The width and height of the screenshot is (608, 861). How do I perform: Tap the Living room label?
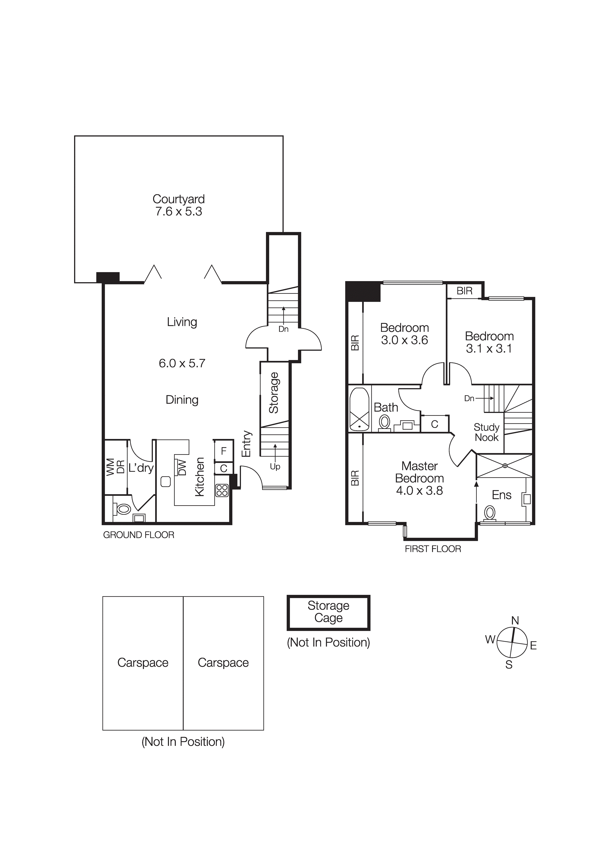tap(182, 322)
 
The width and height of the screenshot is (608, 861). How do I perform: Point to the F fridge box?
tap(224, 451)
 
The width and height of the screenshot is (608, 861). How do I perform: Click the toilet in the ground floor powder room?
tap(124, 509)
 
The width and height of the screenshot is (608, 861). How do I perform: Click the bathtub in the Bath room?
tap(359, 409)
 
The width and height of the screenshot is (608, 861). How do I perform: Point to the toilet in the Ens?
tap(489, 513)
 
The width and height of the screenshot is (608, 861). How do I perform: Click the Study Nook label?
tap(487, 432)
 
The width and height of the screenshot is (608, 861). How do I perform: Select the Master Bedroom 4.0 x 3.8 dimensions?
tap(420, 491)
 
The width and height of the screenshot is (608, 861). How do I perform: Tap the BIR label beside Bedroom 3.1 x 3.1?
tap(464, 291)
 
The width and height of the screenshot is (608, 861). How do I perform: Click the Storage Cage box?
tap(328, 612)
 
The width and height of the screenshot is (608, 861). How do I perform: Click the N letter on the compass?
tap(515, 621)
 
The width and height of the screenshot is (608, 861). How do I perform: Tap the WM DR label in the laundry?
tap(115, 467)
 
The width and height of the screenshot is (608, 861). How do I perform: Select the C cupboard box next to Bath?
tap(435, 424)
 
